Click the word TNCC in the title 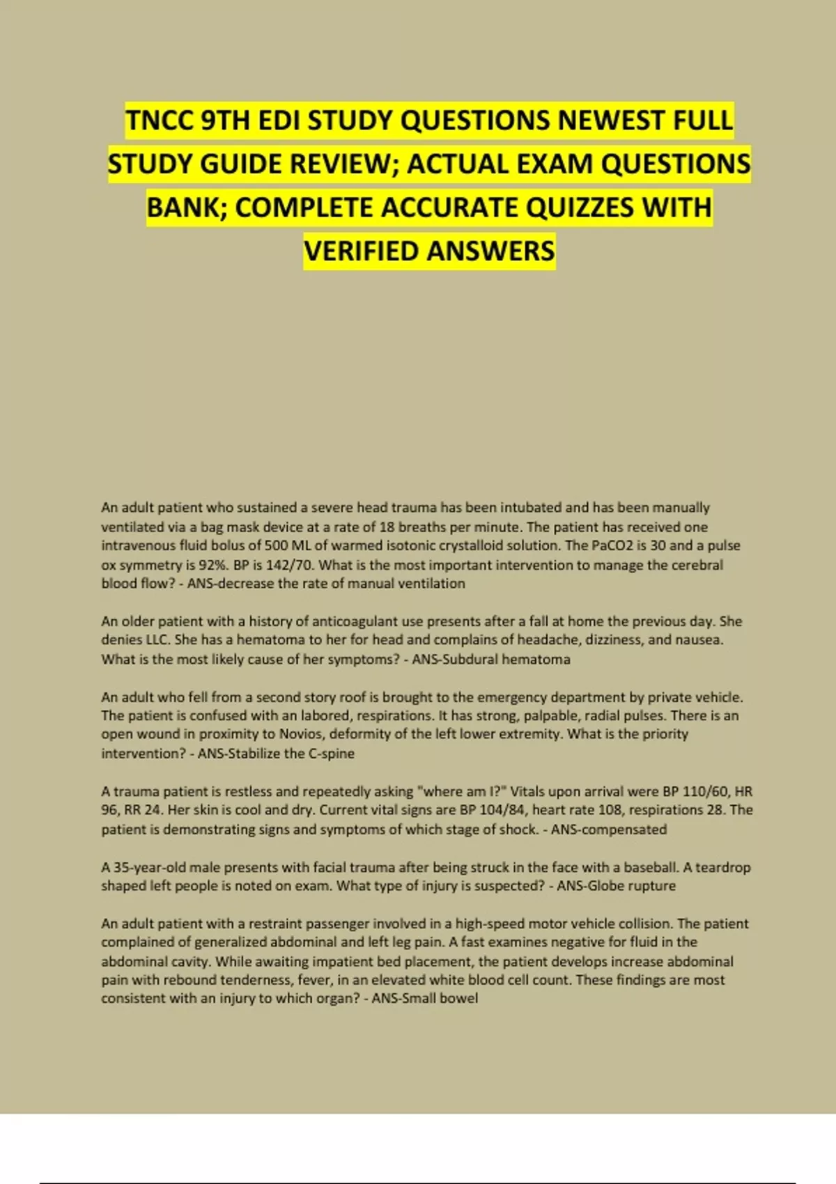159,120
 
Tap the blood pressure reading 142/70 288,565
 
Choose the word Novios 300,734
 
